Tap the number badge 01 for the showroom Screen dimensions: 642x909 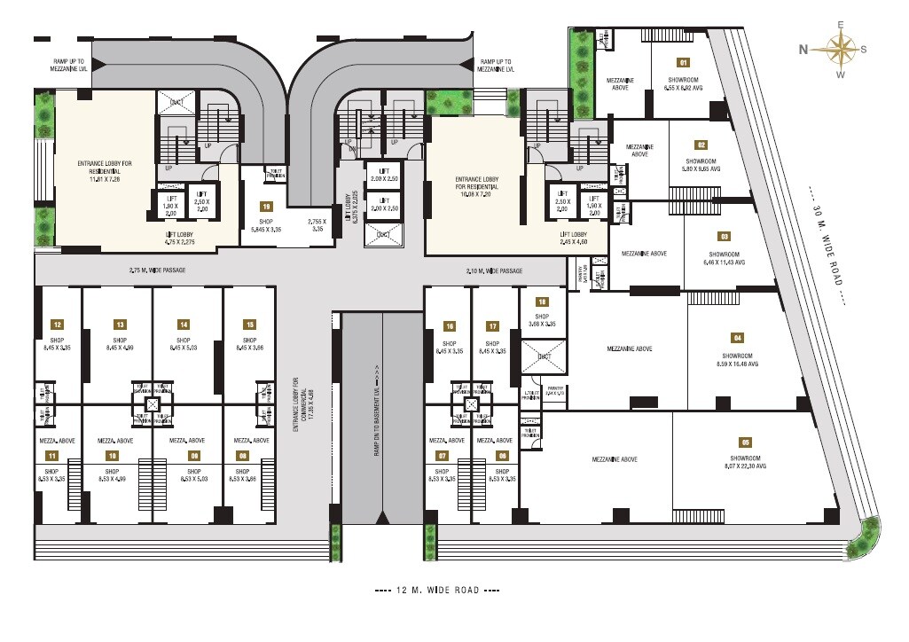pyautogui.click(x=683, y=63)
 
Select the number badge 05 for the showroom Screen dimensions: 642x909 pyautogui.click(x=745, y=442)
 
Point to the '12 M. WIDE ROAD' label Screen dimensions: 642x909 pyautogui.click(x=437, y=590)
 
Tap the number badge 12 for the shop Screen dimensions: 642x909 pyautogui.click(x=56, y=325)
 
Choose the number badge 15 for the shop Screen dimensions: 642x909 pyautogui.click(x=250, y=325)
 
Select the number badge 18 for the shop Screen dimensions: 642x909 pyautogui.click(x=542, y=301)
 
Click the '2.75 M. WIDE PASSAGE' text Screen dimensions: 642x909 pyautogui.click(x=158, y=270)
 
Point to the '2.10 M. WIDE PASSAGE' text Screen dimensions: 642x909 pyautogui.click(x=494, y=270)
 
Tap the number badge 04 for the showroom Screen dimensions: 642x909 pyautogui.click(x=737, y=338)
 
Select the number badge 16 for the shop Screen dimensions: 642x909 pyautogui.click(x=449, y=326)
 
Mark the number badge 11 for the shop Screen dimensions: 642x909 pyautogui.click(x=53, y=457)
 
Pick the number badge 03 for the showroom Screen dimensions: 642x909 pyautogui.click(x=725, y=236)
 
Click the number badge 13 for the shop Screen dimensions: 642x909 pyautogui.click(x=120, y=325)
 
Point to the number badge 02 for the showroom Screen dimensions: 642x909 pyautogui.click(x=701, y=145)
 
